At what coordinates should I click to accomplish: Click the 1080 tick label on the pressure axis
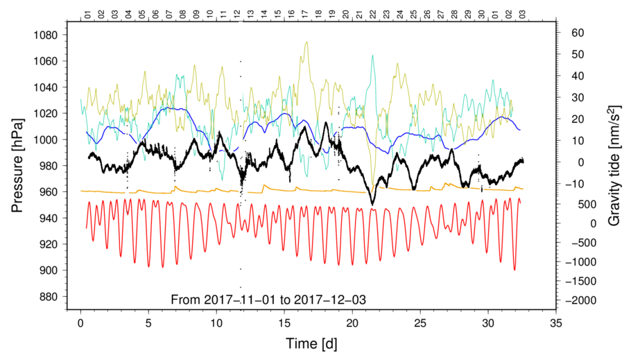click(x=46, y=35)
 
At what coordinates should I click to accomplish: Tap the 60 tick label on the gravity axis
click(x=577, y=33)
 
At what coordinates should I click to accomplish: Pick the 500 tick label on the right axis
click(x=587, y=205)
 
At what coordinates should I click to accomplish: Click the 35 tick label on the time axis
click(x=556, y=323)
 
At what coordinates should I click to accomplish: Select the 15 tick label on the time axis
click(x=284, y=323)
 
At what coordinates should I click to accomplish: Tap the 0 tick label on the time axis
click(x=81, y=323)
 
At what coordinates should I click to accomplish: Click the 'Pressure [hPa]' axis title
click(x=17, y=166)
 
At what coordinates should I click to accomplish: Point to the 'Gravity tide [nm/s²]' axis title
click(x=614, y=166)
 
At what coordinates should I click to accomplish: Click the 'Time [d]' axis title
click(x=311, y=343)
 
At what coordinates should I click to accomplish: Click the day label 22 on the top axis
click(x=373, y=15)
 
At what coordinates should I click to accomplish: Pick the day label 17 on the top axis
click(x=305, y=15)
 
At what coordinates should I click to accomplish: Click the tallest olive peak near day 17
click(x=306, y=42)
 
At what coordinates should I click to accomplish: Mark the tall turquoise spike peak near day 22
click(x=372, y=55)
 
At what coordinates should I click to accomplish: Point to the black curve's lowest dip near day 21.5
click(x=372, y=205)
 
